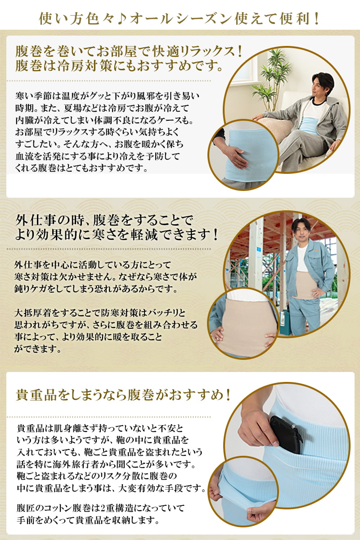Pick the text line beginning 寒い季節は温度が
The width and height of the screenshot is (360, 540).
coord(107,96)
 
